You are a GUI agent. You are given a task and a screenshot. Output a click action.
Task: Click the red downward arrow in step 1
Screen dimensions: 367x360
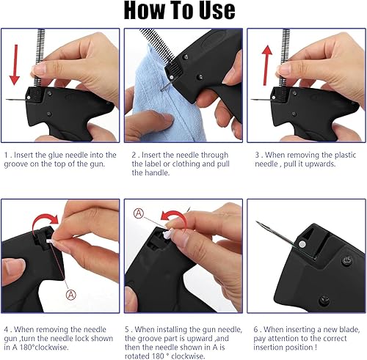click(x=15, y=65)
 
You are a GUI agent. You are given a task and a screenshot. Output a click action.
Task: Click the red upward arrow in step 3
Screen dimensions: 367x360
click(x=266, y=65)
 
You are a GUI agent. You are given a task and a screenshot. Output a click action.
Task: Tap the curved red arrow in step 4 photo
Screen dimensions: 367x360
click(x=44, y=221)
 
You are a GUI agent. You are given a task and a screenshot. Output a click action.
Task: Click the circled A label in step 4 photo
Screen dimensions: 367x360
click(x=71, y=295)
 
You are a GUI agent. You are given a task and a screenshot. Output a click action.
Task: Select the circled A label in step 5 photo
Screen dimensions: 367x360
click(x=139, y=213)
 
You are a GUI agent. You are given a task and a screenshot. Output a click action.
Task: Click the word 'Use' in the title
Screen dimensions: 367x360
click(x=217, y=10)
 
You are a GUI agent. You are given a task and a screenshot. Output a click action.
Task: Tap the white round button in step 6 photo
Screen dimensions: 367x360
click(x=302, y=243)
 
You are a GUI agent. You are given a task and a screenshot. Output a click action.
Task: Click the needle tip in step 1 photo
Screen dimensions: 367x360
click(x=6, y=100)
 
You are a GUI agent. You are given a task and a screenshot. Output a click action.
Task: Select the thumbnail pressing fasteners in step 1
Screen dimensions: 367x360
click(x=39, y=69)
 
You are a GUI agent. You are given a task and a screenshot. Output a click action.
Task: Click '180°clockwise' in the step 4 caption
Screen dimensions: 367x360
click(x=44, y=347)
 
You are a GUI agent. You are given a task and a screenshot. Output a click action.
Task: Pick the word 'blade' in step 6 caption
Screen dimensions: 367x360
click(x=349, y=329)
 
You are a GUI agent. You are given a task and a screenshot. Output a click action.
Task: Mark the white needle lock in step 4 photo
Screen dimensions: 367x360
click(x=51, y=241)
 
